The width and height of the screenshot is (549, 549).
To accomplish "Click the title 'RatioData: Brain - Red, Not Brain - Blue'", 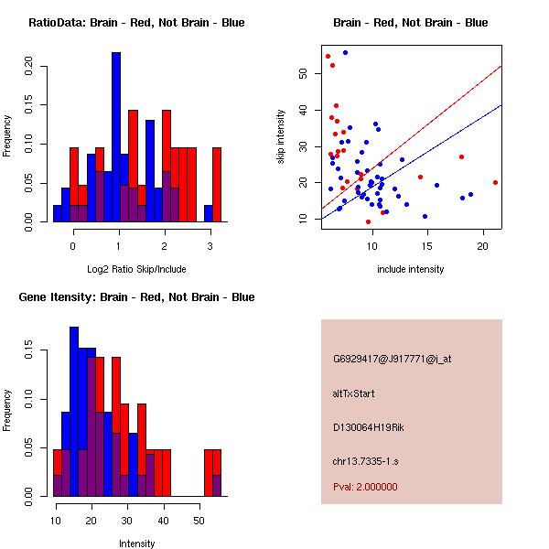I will point(135,23).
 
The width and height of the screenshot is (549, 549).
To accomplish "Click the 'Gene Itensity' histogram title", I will point(135,297).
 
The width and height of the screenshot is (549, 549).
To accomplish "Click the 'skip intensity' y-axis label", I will point(282,137).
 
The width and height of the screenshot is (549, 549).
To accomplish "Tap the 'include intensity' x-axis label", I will point(410,269).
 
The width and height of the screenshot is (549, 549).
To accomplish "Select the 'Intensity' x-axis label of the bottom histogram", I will point(136,544).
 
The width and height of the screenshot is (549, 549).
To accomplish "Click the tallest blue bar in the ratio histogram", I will point(116,137).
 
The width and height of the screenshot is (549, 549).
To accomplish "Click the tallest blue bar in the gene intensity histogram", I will point(74,412).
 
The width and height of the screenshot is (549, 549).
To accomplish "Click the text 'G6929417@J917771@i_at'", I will point(393,359).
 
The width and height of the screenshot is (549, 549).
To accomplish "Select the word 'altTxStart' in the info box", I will point(353,393).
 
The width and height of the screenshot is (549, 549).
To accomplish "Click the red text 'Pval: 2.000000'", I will point(365,487).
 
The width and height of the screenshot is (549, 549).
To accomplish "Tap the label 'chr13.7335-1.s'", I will point(366,459).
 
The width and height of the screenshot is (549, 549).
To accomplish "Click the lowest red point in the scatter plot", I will point(368,221).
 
